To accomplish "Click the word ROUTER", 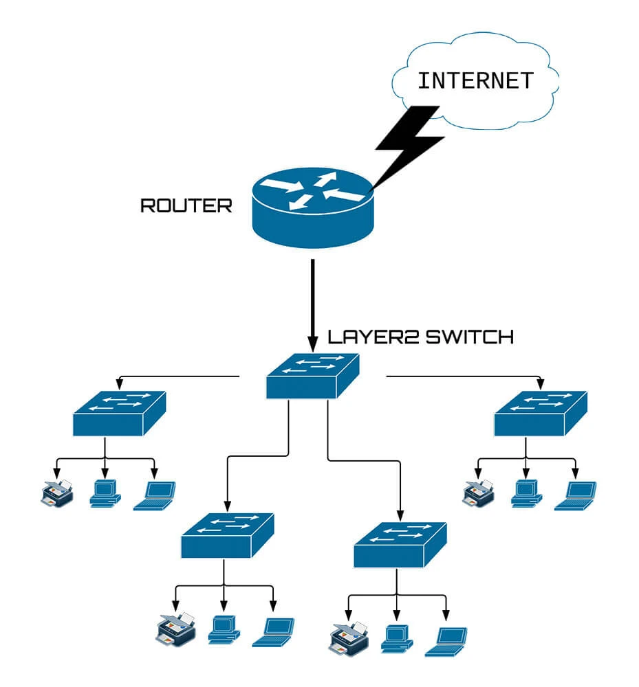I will (x=186, y=205).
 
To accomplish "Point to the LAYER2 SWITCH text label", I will (x=420, y=337).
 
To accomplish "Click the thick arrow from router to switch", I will (x=314, y=302).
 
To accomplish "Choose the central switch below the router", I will (x=313, y=376).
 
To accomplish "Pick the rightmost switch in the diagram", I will (x=541, y=414).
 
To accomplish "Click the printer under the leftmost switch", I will (x=56, y=493).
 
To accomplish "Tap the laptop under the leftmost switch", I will (x=155, y=495).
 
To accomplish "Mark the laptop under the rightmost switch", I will (x=576, y=495).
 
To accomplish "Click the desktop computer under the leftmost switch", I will (x=105, y=493).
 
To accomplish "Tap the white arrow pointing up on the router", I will (x=323, y=180).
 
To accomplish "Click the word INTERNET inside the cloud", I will (x=475, y=80).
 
